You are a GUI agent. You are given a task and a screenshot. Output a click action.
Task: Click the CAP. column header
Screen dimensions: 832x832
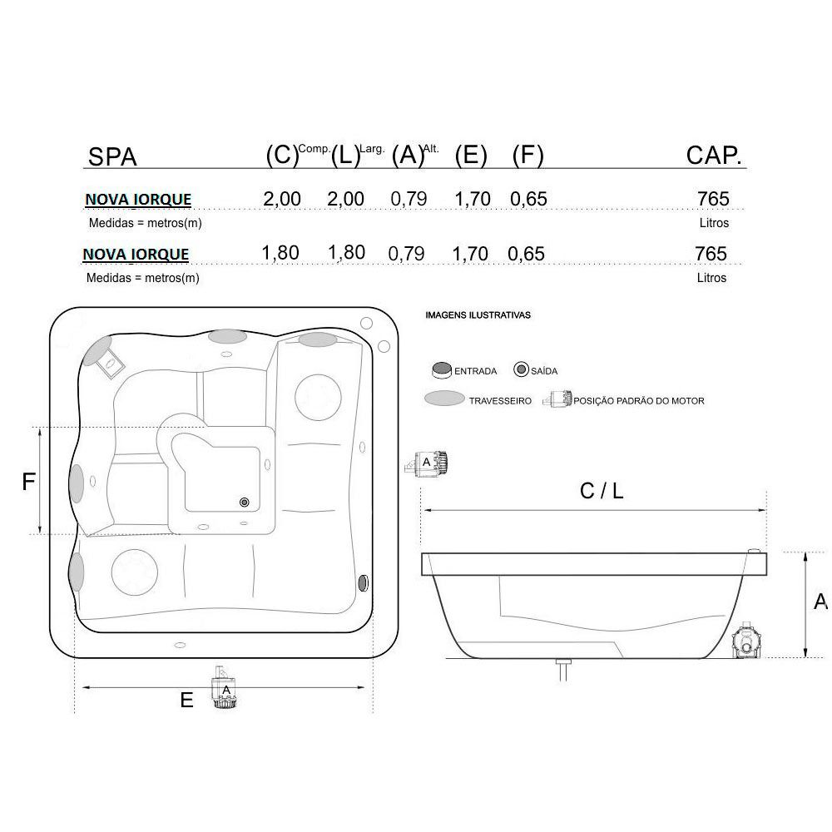pyautogui.click(x=714, y=156)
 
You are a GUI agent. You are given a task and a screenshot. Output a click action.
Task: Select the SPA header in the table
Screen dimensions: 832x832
pyautogui.click(x=112, y=156)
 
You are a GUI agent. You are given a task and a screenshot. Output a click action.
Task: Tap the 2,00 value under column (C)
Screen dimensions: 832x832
pyautogui.click(x=282, y=199)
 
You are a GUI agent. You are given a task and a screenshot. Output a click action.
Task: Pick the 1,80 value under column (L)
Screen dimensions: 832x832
pyautogui.click(x=346, y=253)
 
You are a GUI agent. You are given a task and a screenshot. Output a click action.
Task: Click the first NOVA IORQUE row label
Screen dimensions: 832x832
pyautogui.click(x=138, y=200)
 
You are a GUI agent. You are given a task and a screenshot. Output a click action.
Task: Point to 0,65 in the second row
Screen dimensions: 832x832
pyautogui.click(x=526, y=254)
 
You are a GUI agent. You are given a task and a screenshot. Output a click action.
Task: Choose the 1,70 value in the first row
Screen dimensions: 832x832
pyautogui.click(x=473, y=199)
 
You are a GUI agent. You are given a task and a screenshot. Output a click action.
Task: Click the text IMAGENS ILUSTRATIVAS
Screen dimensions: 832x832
pyautogui.click(x=478, y=315)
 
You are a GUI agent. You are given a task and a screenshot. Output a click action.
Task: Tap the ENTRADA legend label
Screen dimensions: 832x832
pyautogui.click(x=475, y=371)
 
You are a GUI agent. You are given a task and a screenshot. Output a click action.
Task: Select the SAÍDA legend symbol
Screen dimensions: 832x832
pyautogui.click(x=521, y=369)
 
